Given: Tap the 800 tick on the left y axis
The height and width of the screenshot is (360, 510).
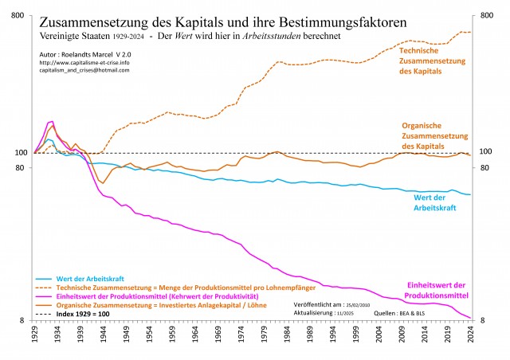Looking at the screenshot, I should (x=18, y=15).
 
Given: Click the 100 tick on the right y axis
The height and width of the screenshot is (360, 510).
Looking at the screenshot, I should (x=486, y=152).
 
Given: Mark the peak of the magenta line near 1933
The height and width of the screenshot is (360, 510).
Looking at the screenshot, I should (x=51, y=122).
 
